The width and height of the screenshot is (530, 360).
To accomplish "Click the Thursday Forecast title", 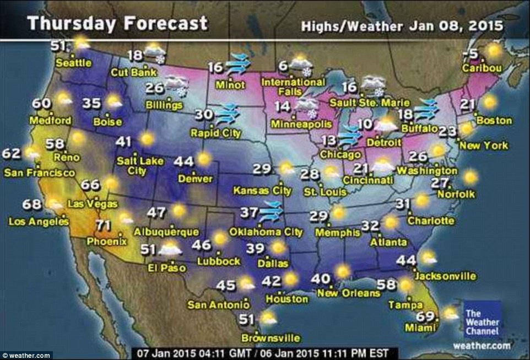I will point(117,23).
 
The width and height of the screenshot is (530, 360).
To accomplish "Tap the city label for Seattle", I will point(74,63).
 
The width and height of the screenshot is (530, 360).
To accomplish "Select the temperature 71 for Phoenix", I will point(101,225).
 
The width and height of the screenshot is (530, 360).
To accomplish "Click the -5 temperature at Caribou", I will point(470,53).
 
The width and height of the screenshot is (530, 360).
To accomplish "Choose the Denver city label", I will point(196,179).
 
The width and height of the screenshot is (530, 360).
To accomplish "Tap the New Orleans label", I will point(348,293).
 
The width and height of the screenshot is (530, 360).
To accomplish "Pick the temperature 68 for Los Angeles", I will point(32,205).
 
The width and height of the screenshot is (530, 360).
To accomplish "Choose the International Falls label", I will point(301,87).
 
